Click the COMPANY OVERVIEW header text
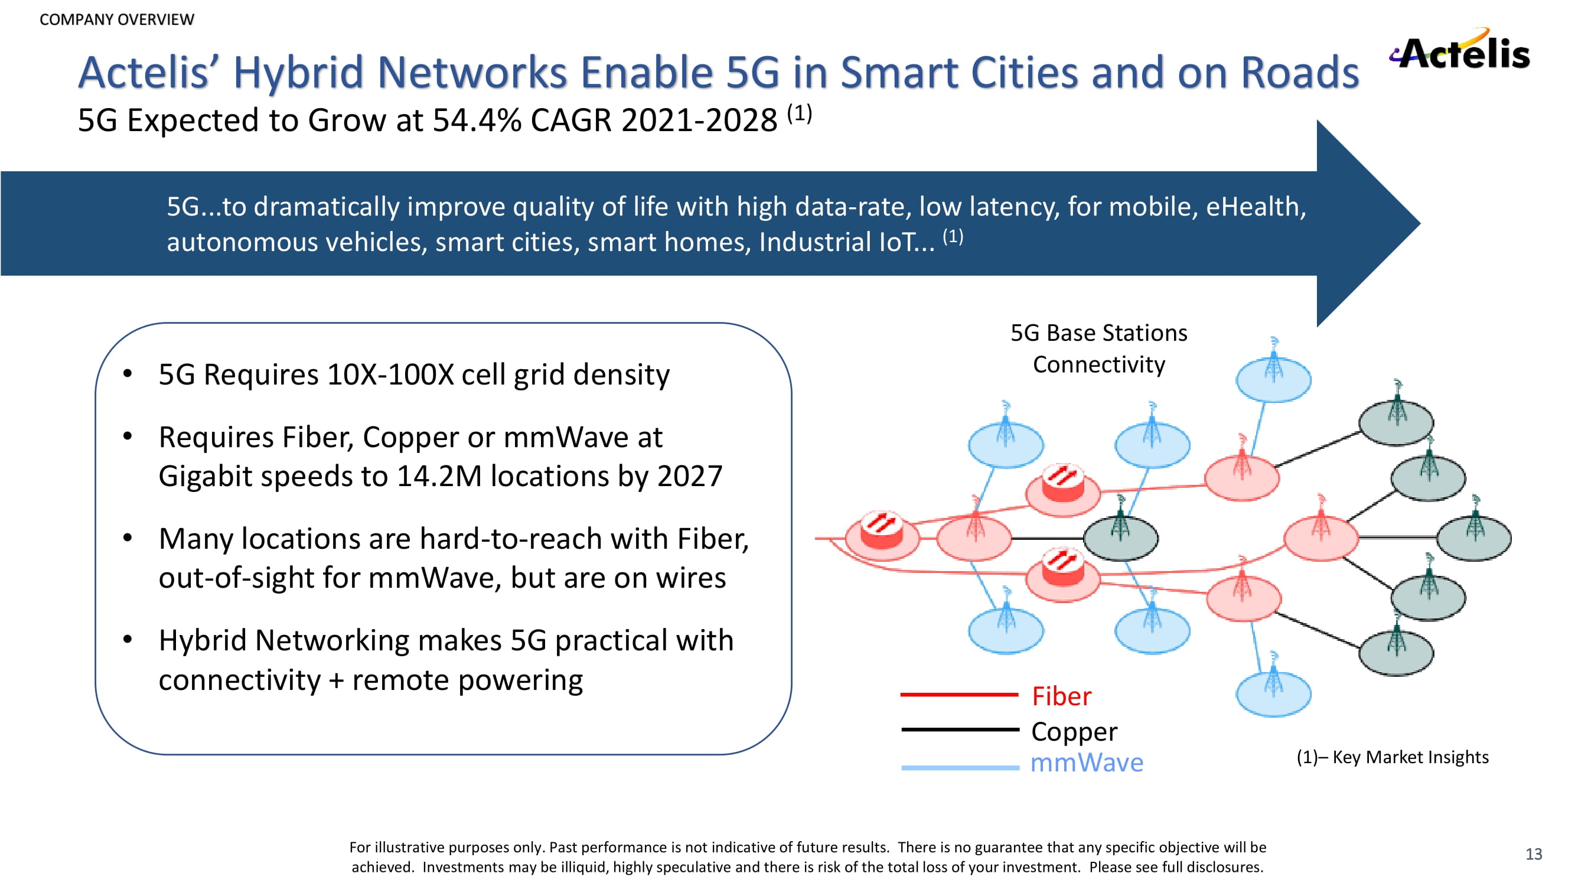coord(117,19)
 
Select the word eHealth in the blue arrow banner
coord(1256,207)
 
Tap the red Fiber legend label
coord(1061,696)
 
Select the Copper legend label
coord(1074,731)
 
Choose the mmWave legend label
coord(1087,763)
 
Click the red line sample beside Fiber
coord(959,695)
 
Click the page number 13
coord(1534,854)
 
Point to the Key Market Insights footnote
coord(1392,757)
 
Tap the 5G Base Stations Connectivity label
coord(1098,348)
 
